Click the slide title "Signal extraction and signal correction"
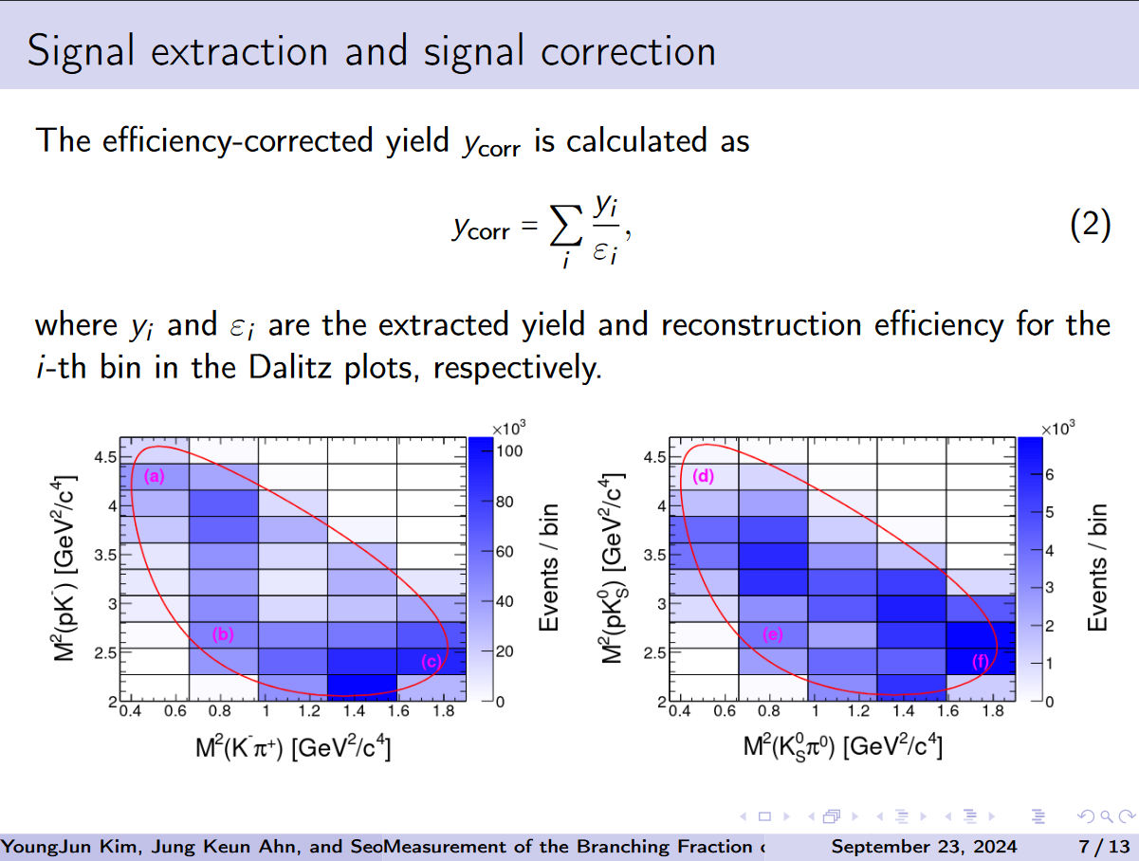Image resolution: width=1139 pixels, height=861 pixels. (371, 50)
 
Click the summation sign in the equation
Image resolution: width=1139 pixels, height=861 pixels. (566, 227)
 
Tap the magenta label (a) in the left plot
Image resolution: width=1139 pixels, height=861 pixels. (155, 478)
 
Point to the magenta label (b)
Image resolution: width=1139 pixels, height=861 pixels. (223, 635)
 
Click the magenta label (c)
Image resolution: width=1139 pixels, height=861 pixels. (432, 662)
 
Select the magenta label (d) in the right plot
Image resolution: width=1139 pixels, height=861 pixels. (703, 477)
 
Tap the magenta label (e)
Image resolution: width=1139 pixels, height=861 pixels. (773, 635)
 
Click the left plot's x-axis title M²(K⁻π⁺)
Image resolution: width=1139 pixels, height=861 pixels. (294, 747)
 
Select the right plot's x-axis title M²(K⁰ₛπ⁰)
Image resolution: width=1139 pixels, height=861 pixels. (842, 747)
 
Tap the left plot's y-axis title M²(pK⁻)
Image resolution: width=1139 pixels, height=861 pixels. (65, 569)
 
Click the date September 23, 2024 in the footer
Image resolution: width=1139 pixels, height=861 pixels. (924, 846)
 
